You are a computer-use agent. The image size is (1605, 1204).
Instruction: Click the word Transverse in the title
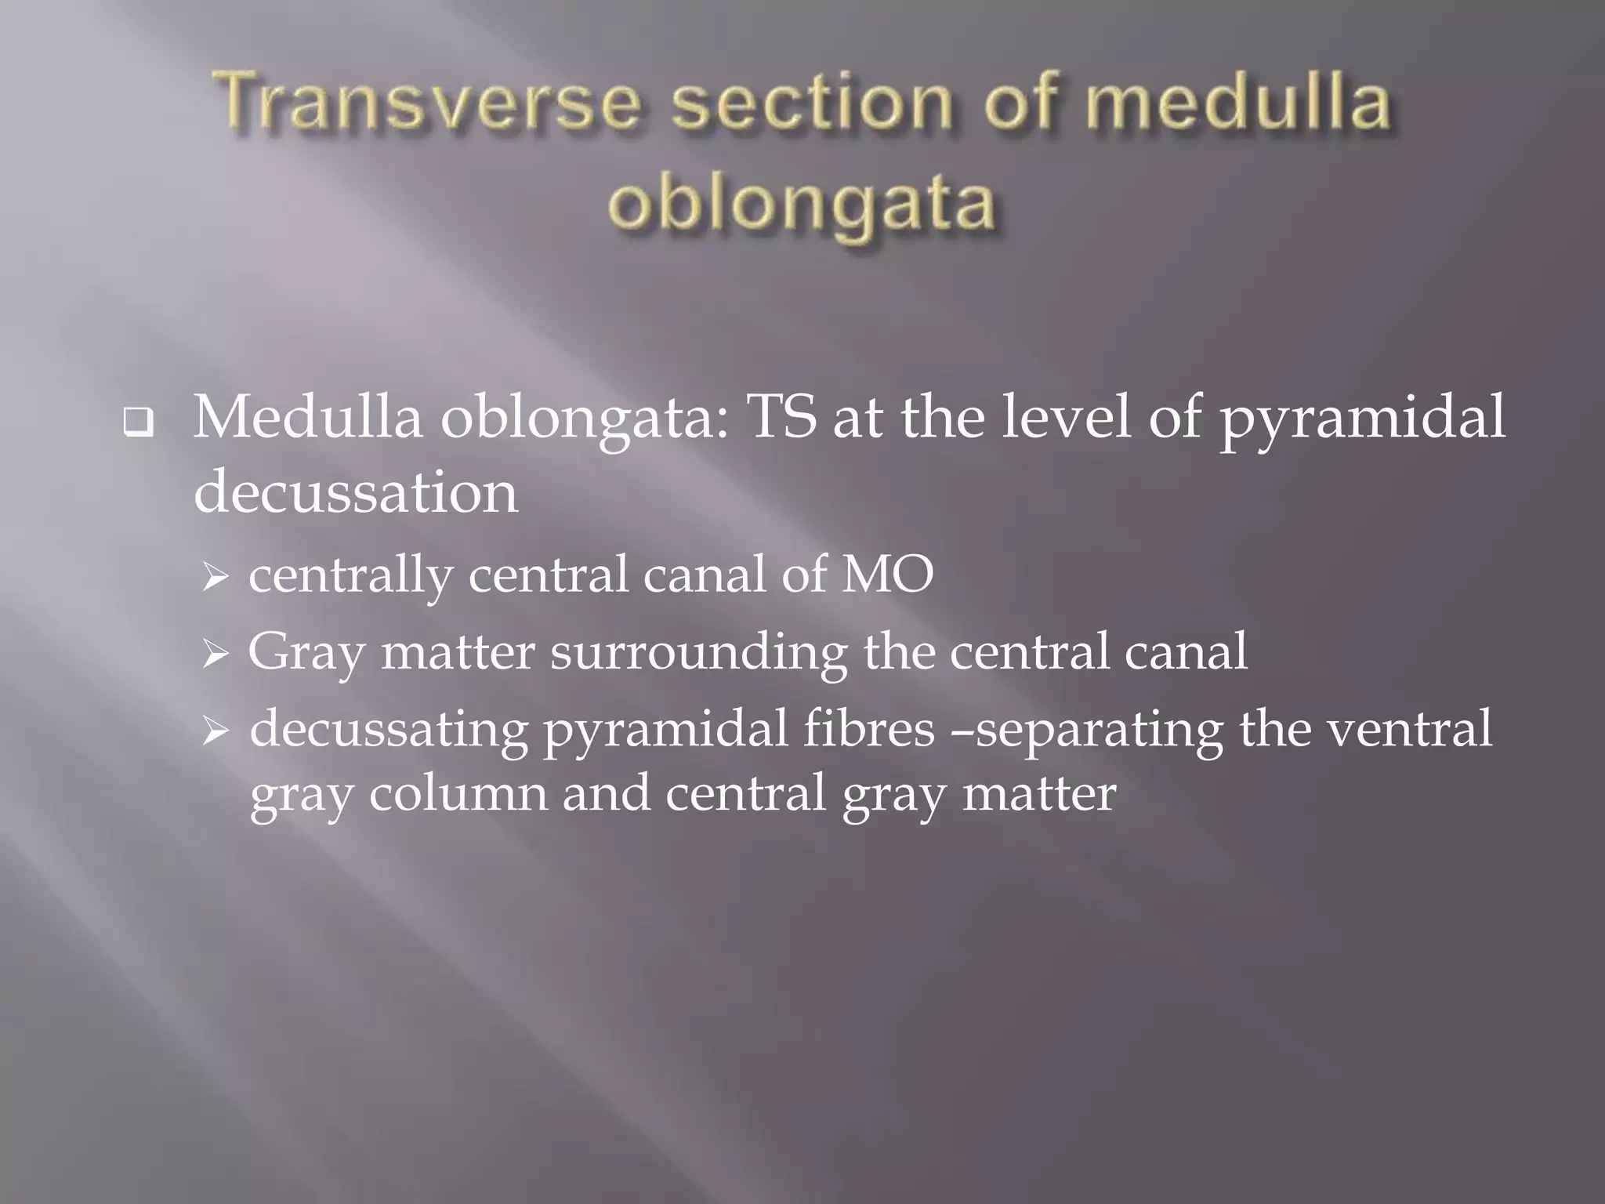pyautogui.click(x=428, y=103)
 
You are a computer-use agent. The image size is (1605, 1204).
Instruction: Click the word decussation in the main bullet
pyautogui.click(x=356, y=492)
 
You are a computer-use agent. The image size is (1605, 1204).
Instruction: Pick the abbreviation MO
pyautogui.click(x=887, y=574)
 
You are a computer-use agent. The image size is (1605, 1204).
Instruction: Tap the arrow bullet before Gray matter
pyautogui.click(x=214, y=655)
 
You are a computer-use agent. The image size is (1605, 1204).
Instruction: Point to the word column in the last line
pyautogui.click(x=458, y=792)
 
